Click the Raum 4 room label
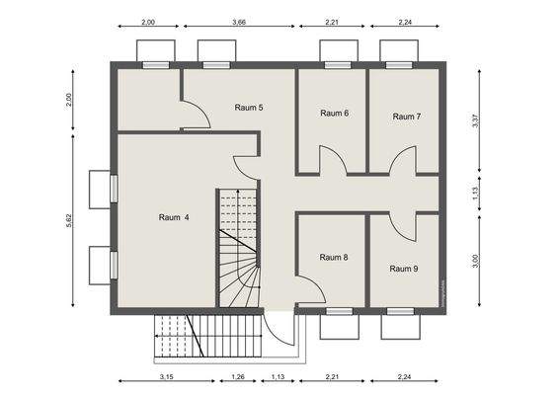(174, 217)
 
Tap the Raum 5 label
(249, 108)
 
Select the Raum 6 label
(335, 113)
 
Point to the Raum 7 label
(407, 117)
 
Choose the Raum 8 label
(334, 257)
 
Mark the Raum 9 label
(404, 269)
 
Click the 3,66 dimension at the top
(239, 22)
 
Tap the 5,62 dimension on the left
(69, 220)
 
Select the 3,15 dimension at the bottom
(167, 376)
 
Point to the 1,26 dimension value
(238, 376)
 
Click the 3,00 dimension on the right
(475, 261)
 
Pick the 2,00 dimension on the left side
(69, 100)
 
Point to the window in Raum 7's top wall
(399, 65)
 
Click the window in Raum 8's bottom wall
(339, 312)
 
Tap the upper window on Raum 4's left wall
(114, 189)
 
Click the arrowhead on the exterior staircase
(156, 336)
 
